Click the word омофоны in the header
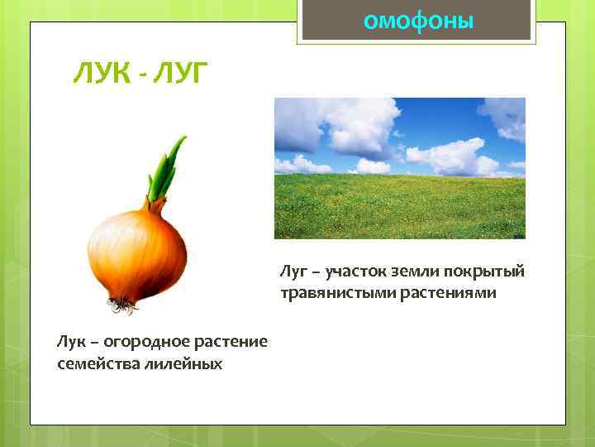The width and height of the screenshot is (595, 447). point(419,21)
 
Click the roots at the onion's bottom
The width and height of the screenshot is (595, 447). point(122,305)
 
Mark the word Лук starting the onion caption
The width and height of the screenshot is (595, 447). point(70,341)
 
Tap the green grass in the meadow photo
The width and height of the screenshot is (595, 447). point(399,211)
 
